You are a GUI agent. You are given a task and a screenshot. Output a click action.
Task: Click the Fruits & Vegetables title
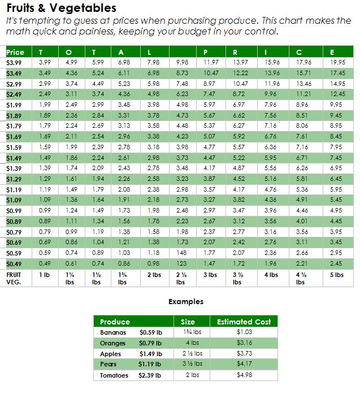pyautogui.click(x=61, y=8)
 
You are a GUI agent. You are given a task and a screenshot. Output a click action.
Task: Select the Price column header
pyautogui.click(x=15, y=53)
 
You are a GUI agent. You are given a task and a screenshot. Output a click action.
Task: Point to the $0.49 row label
pyautogui.click(x=14, y=264)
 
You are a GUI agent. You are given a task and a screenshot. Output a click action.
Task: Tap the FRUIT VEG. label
pyautogui.click(x=14, y=279)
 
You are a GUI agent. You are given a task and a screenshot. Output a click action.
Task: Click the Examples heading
pyautogui.click(x=186, y=302)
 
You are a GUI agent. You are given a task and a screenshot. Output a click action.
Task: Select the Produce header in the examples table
pyautogui.click(x=115, y=322)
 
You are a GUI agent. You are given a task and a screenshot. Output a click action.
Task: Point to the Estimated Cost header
pyautogui.click(x=244, y=322)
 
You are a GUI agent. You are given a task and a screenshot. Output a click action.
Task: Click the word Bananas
pyautogui.click(x=113, y=332)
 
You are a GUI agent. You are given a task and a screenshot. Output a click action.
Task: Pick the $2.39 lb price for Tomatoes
pyautogui.click(x=150, y=375)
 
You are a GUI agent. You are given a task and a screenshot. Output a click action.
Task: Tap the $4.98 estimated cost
pyautogui.click(x=244, y=375)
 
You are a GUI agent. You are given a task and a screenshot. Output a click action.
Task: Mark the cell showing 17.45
pyautogui.click(x=337, y=73)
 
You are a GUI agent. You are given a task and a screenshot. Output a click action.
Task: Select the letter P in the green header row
pyautogui.click(x=205, y=53)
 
